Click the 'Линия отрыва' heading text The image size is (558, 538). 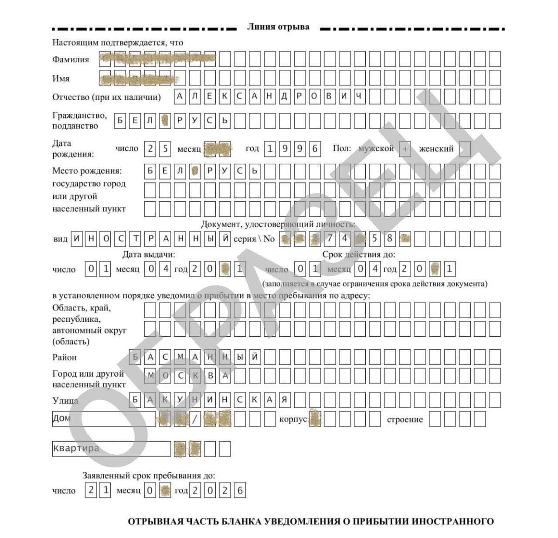tap(278, 27)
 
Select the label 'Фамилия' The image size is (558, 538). tap(71, 60)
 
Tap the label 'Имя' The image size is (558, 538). tap(61, 79)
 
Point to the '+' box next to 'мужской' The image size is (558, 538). tap(405, 149)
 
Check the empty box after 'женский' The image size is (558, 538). tap(465, 149)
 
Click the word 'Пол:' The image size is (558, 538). tap(342, 149)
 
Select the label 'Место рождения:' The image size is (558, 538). tap(87, 170)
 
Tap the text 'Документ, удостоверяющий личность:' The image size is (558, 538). tap(278, 225)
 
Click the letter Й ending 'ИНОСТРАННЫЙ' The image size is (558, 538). tap(225, 239)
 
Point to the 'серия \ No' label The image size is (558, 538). tap(255, 239)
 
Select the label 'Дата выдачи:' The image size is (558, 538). tap(149, 255)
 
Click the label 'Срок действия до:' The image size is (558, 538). tap(359, 255)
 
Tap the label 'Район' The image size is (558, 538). tap(65, 358)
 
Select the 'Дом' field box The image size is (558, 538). tap(104, 419)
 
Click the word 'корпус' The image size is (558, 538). tap(293, 419)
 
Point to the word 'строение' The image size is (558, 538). tap(405, 419)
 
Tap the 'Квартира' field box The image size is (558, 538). tap(111, 449)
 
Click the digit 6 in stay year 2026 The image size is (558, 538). tap(240, 490)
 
